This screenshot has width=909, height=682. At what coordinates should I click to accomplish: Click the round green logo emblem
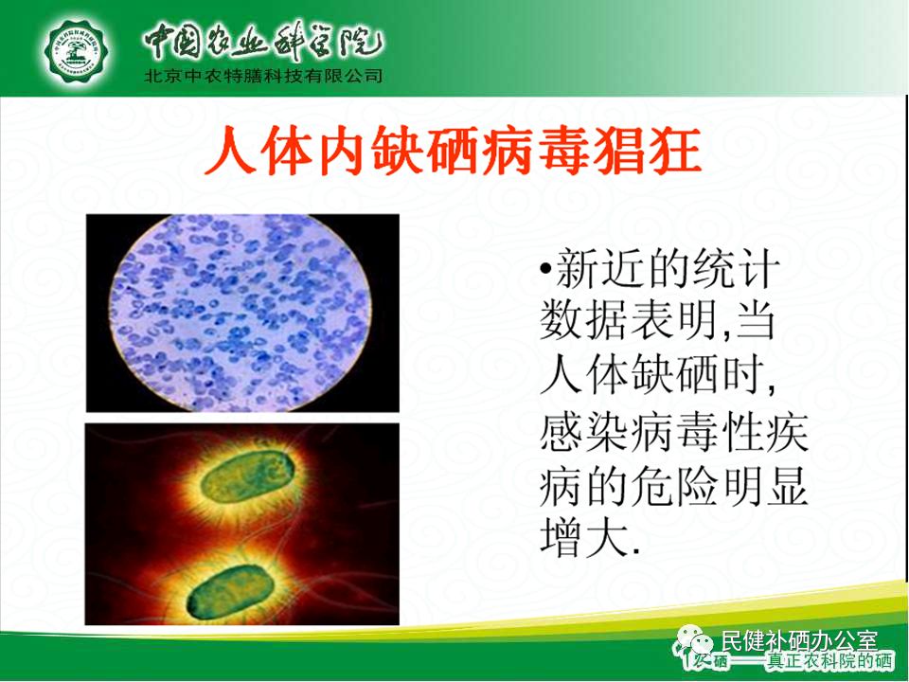(79, 47)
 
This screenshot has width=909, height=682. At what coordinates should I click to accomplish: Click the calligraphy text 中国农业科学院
(262, 40)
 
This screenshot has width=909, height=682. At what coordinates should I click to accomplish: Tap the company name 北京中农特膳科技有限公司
(262, 77)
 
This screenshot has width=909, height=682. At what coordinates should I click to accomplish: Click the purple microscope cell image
(241, 313)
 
